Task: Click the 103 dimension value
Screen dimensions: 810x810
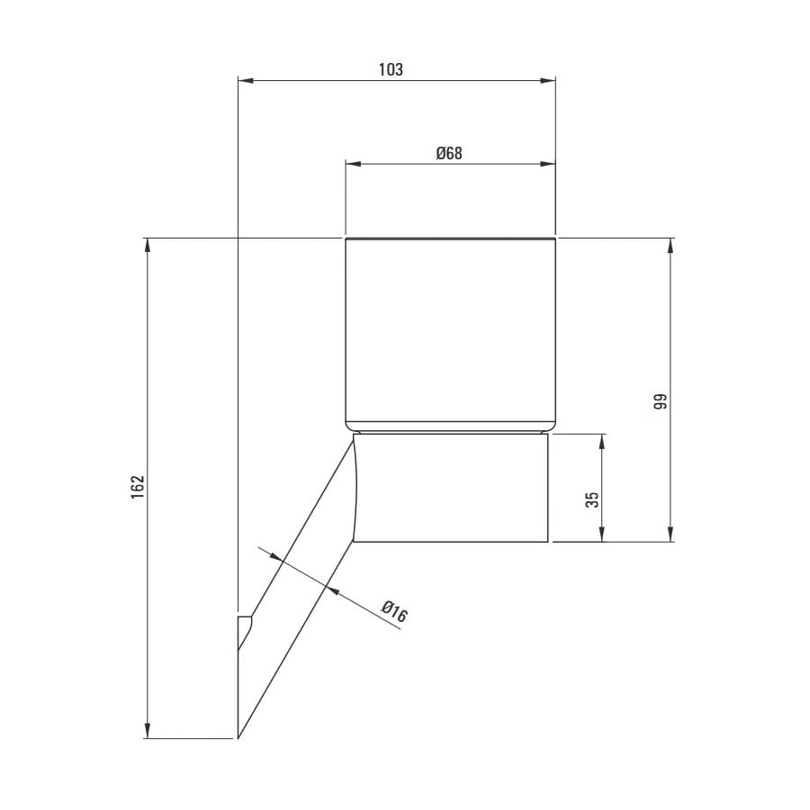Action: tap(391, 69)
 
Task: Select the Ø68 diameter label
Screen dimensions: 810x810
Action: tap(449, 153)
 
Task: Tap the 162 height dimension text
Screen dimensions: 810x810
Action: tap(138, 487)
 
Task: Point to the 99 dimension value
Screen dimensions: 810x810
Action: tap(661, 401)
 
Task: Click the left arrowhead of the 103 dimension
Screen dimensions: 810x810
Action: tap(246, 81)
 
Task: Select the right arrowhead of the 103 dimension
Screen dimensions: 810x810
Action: tap(547, 81)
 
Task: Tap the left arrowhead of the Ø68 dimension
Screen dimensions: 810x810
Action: tap(354, 165)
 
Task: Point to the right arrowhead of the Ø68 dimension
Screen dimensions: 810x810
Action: tap(547, 165)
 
